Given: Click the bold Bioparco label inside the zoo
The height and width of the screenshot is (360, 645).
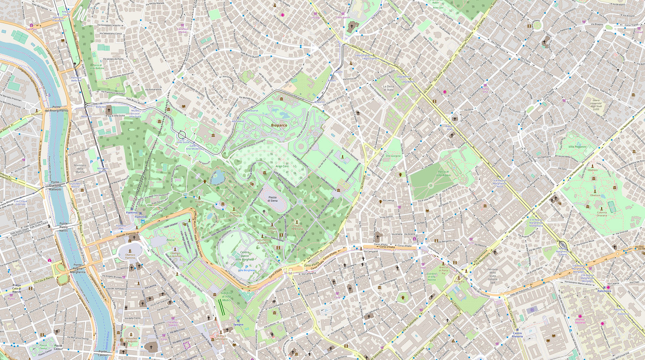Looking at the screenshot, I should pos(279,126).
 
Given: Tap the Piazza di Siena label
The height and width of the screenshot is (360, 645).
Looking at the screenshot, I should pos(273,198).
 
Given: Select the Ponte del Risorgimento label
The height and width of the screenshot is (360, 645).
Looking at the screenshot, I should pos(56,109).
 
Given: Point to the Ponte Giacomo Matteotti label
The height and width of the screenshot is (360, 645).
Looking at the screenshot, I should pos(55,187).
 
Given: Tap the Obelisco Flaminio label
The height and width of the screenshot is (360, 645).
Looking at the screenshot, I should pos(130,256).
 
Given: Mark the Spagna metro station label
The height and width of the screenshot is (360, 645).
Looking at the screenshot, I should pos(238,324).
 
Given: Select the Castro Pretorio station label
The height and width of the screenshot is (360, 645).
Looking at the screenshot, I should pos(518,335).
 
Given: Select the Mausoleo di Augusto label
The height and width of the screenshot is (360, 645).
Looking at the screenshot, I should pos(132,340).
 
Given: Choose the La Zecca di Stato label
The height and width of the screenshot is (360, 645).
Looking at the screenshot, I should pos(388,88).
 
